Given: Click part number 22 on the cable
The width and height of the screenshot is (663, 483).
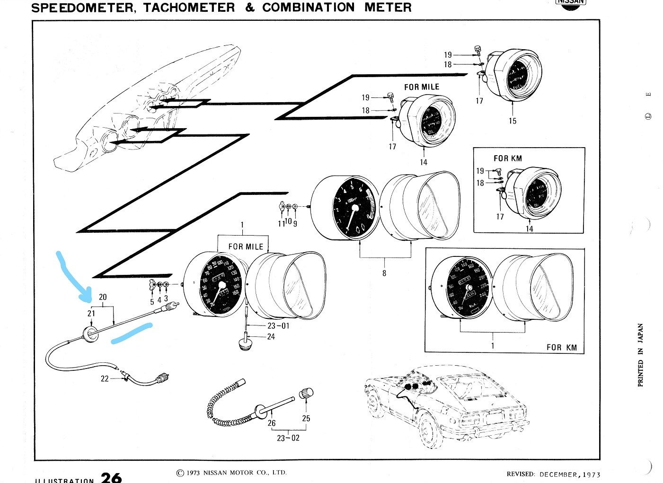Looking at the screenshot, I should pyautogui.click(x=105, y=378).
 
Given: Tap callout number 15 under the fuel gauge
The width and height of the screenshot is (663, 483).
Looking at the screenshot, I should pyautogui.click(x=513, y=121).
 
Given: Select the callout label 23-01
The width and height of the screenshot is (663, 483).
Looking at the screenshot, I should pyautogui.click(x=278, y=326).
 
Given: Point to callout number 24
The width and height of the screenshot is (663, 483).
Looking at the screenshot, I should pyautogui.click(x=271, y=337).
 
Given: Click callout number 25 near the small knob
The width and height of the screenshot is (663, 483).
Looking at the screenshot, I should pyautogui.click(x=306, y=418).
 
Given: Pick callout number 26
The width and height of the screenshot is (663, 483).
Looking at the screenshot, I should pyautogui.click(x=272, y=423).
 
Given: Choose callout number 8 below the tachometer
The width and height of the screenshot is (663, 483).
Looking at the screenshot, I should pyautogui.click(x=384, y=273).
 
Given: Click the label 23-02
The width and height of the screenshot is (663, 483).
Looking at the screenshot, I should pyautogui.click(x=288, y=438).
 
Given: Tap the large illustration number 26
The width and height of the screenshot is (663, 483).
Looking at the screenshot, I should pyautogui.click(x=111, y=477).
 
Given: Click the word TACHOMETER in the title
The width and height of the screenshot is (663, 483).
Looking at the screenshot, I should pyautogui.click(x=189, y=8).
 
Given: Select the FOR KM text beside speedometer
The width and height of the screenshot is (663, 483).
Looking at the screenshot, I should pyautogui.click(x=562, y=347).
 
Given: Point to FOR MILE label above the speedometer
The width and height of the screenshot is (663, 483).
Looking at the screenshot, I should pyautogui.click(x=246, y=246).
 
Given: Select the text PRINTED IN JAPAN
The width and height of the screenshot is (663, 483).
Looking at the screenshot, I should pyautogui.click(x=641, y=355).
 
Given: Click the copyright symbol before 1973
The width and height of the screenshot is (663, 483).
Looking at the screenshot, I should pyautogui.click(x=179, y=473).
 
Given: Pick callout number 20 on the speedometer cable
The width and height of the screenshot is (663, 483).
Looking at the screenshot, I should pyautogui.click(x=103, y=297).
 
